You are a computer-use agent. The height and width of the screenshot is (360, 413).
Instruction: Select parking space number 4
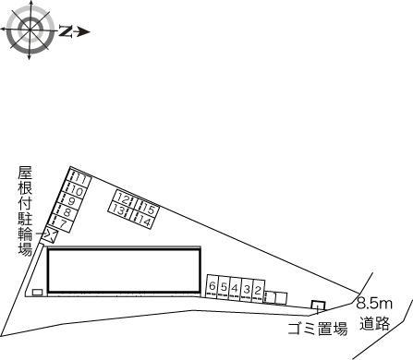235,288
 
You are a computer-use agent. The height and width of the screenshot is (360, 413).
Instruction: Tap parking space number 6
213,287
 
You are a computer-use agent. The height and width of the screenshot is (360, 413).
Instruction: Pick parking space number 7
60,223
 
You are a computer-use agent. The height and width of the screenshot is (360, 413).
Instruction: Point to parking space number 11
80,178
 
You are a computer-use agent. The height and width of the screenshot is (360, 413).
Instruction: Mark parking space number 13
118,210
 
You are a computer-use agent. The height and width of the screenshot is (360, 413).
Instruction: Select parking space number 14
142,221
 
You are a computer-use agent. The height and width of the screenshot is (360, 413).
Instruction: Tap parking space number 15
148,209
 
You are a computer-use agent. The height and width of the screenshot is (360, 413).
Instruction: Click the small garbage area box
317,306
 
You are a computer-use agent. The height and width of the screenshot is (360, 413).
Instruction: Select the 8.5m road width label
375,303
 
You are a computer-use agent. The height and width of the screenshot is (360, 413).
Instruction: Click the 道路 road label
375,322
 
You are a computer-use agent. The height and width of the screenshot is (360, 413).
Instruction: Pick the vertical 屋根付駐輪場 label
25,211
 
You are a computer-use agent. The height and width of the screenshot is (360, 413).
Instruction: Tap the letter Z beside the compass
66,30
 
